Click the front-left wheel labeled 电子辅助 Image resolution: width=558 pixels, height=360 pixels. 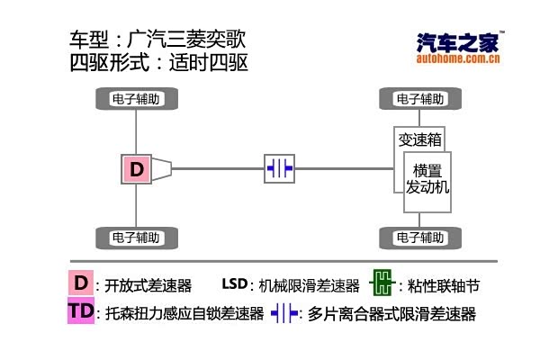[x=136, y=98]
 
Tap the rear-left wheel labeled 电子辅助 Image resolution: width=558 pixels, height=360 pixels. [x=136, y=238]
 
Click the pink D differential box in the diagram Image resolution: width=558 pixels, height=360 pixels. [x=137, y=168]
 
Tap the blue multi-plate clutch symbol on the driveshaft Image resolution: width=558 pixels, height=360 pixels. [x=280, y=168]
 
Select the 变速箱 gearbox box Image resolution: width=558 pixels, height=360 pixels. [x=419, y=139]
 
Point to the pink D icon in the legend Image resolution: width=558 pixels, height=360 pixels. [x=81, y=283]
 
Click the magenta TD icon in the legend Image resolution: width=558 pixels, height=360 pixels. [x=80, y=311]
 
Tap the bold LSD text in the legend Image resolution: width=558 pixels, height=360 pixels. [x=234, y=284]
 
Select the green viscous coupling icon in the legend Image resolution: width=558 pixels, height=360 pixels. [x=382, y=284]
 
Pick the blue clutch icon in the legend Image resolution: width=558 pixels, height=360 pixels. [x=283, y=313]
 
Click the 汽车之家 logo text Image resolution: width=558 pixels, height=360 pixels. [x=458, y=43]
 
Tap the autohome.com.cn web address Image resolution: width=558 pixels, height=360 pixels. [x=458, y=59]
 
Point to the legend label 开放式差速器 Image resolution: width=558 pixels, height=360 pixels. [x=149, y=286]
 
